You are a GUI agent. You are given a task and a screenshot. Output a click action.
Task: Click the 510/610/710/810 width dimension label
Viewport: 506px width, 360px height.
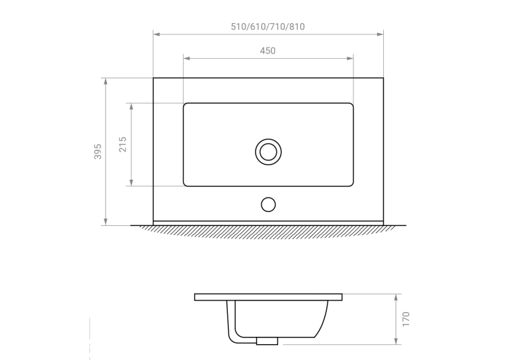click(x=268, y=26)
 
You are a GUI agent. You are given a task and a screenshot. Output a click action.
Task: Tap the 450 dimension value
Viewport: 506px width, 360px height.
click(x=268, y=51)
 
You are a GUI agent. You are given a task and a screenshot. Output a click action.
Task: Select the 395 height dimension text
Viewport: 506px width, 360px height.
click(x=98, y=151)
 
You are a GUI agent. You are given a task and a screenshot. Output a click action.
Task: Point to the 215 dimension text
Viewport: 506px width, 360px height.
click(x=123, y=144)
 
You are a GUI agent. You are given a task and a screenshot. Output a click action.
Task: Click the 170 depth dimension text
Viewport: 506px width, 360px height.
click(x=406, y=319)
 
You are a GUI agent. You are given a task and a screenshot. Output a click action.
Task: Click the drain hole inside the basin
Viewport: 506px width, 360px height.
click(x=268, y=152)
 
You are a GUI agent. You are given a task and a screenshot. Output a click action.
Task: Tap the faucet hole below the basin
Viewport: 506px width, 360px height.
click(x=268, y=205)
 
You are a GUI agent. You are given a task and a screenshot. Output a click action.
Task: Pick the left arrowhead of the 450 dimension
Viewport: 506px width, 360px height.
click(x=186, y=58)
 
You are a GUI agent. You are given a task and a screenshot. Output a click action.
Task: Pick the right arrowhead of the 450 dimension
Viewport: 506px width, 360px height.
click(x=350, y=58)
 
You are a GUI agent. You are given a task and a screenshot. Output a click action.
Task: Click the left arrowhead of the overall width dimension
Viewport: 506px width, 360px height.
click(x=157, y=34)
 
